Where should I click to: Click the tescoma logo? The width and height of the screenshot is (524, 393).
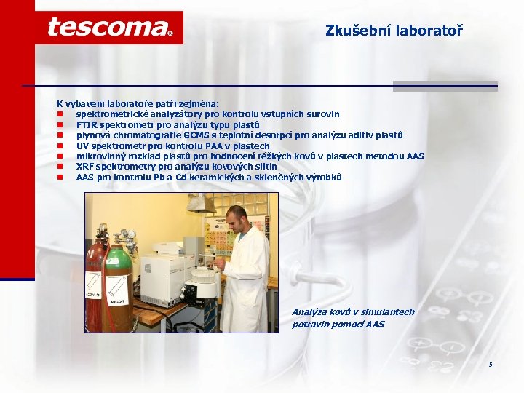pyautogui.click(x=109, y=28)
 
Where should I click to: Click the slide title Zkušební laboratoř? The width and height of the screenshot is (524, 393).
pyautogui.click(x=394, y=31)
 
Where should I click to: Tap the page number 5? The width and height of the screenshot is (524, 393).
pyautogui.click(x=491, y=364)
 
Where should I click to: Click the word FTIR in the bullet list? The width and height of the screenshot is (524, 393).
pyautogui.click(x=87, y=124)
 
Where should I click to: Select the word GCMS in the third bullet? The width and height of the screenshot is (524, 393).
pyautogui.click(x=196, y=135)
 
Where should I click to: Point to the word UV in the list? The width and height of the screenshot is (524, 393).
pyautogui.click(x=82, y=146)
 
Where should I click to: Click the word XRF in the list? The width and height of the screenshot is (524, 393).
pyautogui.click(x=85, y=167)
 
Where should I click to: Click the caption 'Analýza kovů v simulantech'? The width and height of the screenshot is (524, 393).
pyautogui.click(x=353, y=312)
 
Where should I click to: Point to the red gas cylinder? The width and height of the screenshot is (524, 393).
pyautogui.click(x=96, y=284)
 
